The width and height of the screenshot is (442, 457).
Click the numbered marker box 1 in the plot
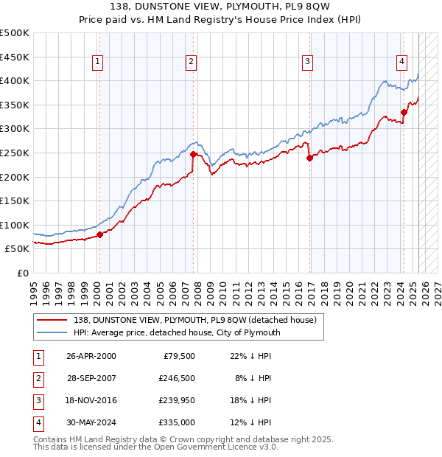98,62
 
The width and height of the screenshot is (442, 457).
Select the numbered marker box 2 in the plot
191,62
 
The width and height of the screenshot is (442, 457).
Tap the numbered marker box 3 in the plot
307,62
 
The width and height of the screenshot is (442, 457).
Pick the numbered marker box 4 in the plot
402,62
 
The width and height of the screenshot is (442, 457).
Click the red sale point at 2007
193,155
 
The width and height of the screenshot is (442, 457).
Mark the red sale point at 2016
309,157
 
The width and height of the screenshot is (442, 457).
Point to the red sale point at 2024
404,112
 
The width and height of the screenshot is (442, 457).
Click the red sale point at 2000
99,235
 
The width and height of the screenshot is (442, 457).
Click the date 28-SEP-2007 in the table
91,377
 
